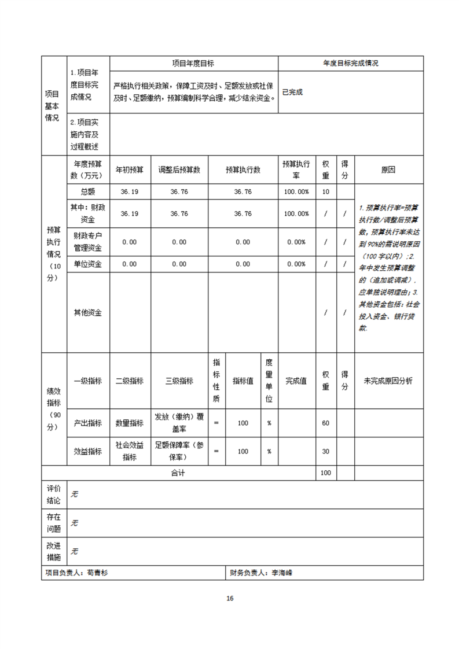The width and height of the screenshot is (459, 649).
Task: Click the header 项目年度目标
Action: point(193,64)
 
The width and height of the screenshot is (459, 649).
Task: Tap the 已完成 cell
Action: point(292,92)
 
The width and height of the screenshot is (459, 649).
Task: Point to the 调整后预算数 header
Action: point(179,170)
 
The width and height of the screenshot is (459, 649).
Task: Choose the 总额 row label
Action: point(88,192)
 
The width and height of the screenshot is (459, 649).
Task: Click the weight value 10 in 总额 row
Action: point(325,192)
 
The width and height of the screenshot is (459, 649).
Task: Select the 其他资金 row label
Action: point(88,312)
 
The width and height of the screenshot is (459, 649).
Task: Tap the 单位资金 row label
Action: point(88,264)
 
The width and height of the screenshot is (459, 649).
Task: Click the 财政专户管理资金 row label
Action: point(88,242)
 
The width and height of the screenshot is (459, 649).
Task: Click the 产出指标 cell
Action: point(88,423)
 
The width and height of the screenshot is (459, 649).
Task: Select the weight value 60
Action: point(325,423)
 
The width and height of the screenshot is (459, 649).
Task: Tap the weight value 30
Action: point(325,451)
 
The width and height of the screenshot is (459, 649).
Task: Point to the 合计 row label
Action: point(178,473)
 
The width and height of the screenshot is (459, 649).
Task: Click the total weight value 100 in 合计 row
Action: point(325,473)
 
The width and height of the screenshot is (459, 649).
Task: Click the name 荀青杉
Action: point(98,573)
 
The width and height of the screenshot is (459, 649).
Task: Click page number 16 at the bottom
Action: point(230,598)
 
